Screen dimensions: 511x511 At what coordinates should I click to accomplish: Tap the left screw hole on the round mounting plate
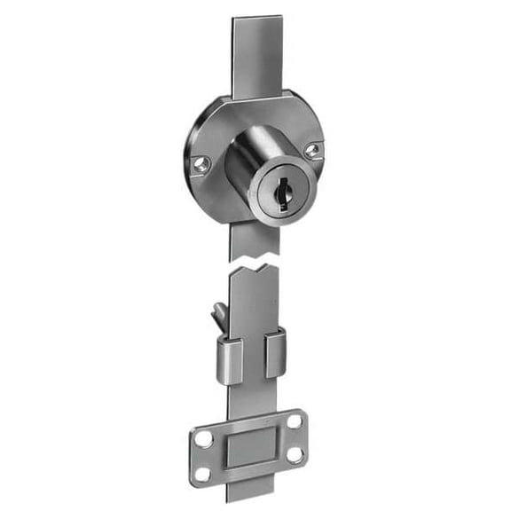point(200,162)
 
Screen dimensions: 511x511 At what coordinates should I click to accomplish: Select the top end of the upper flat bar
point(257,21)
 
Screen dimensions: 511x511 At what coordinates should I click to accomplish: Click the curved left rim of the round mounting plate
point(189,160)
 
